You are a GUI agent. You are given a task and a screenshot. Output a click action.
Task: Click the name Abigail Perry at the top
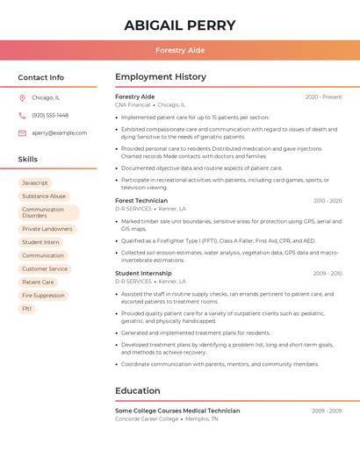pyautogui.click(x=180, y=25)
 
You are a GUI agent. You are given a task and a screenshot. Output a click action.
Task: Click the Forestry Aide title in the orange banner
pyautogui.click(x=180, y=50)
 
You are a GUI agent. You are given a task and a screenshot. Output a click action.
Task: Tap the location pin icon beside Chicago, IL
pyautogui.click(x=22, y=97)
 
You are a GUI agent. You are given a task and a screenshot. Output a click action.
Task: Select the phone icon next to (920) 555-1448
pyautogui.click(x=22, y=115)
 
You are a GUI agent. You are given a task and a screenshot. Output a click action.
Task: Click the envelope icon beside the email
pyautogui.click(x=22, y=133)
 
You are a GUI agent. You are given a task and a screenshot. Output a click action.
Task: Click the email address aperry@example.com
pyautogui.click(x=60, y=133)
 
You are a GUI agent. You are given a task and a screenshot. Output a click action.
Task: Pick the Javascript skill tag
pyautogui.click(x=35, y=182)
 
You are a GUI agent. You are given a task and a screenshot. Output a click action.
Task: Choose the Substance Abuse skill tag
pyautogui.click(x=44, y=197)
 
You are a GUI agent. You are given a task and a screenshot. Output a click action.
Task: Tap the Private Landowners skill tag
pyautogui.click(x=47, y=229)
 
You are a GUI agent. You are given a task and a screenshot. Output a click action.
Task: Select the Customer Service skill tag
pyautogui.click(x=45, y=269)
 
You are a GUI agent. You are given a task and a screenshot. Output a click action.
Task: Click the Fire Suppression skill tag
pyautogui.click(x=43, y=296)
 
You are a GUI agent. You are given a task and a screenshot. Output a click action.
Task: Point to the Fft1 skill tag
pyautogui.click(x=27, y=309)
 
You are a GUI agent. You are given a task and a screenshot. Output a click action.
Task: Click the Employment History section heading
pyautogui.click(x=161, y=77)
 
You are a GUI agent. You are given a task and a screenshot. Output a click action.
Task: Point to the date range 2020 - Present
pyautogui.click(x=323, y=97)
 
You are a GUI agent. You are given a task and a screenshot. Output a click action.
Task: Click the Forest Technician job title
pyautogui.click(x=141, y=201)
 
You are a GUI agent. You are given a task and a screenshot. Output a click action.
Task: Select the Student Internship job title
pyautogui.click(x=144, y=274)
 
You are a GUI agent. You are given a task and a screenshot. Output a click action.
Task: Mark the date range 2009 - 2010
pyautogui.click(x=327, y=274)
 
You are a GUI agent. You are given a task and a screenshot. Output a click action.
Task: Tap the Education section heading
pyautogui.click(x=138, y=391)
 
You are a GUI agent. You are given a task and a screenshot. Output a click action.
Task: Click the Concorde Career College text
pyautogui.click(x=146, y=419)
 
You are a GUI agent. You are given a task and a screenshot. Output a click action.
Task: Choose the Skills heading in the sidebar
pyautogui.click(x=28, y=160)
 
